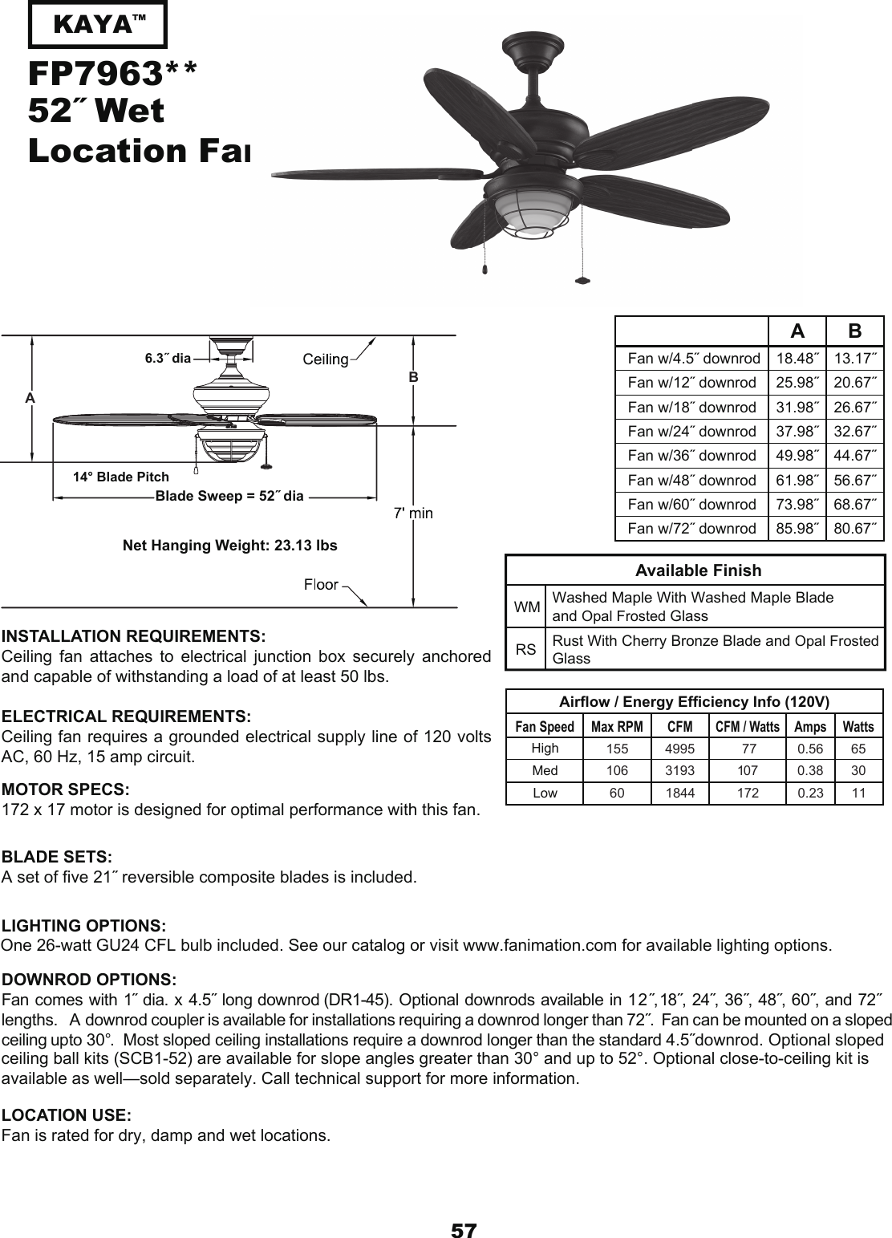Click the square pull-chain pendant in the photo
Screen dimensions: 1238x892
pyautogui.click(x=583, y=280)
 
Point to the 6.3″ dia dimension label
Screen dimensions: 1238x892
pyautogui.click(x=167, y=358)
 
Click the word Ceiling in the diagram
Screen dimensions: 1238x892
pyautogui.click(x=325, y=359)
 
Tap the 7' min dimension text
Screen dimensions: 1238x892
pyautogui.click(x=412, y=511)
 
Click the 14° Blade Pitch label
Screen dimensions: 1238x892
pyautogui.click(x=120, y=477)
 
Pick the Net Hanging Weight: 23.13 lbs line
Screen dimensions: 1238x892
pyautogui.click(x=229, y=546)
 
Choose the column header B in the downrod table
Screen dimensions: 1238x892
pyautogui.click(x=855, y=331)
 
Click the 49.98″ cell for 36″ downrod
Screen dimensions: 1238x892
pyautogui.click(x=794, y=456)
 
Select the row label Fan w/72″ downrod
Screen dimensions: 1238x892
pyautogui.click(x=691, y=529)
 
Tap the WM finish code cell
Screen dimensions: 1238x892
pyautogui.click(x=526, y=607)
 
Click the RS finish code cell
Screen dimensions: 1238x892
pyautogui.click(x=526, y=650)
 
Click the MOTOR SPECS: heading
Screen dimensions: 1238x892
pyautogui.click(x=67, y=789)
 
